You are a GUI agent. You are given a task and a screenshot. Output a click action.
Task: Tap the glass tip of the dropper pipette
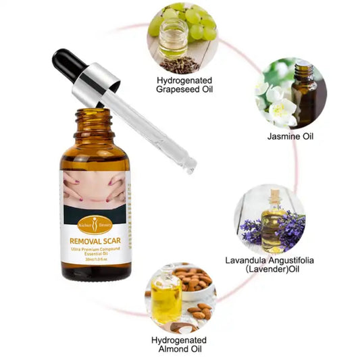tap(190, 163)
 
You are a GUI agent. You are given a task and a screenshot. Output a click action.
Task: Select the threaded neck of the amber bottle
tap(94, 121)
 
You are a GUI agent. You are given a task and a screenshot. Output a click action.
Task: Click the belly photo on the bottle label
tap(95, 191)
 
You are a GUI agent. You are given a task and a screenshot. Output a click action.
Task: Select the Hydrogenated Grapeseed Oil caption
tap(183, 84)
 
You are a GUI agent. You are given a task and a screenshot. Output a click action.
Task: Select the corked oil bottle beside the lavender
tap(273, 220)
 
